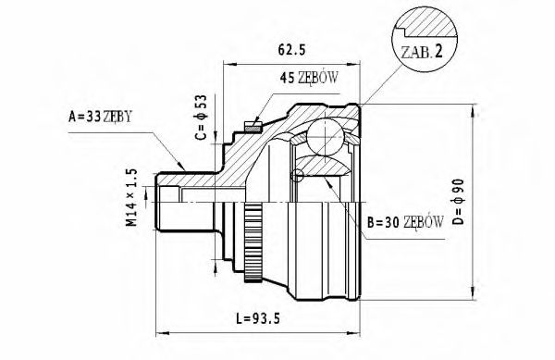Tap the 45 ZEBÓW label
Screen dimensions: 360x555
(311, 79)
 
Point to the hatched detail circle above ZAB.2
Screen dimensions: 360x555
(423, 23)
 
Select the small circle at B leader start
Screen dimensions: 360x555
(297, 176)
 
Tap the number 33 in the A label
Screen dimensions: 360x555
(92, 118)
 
